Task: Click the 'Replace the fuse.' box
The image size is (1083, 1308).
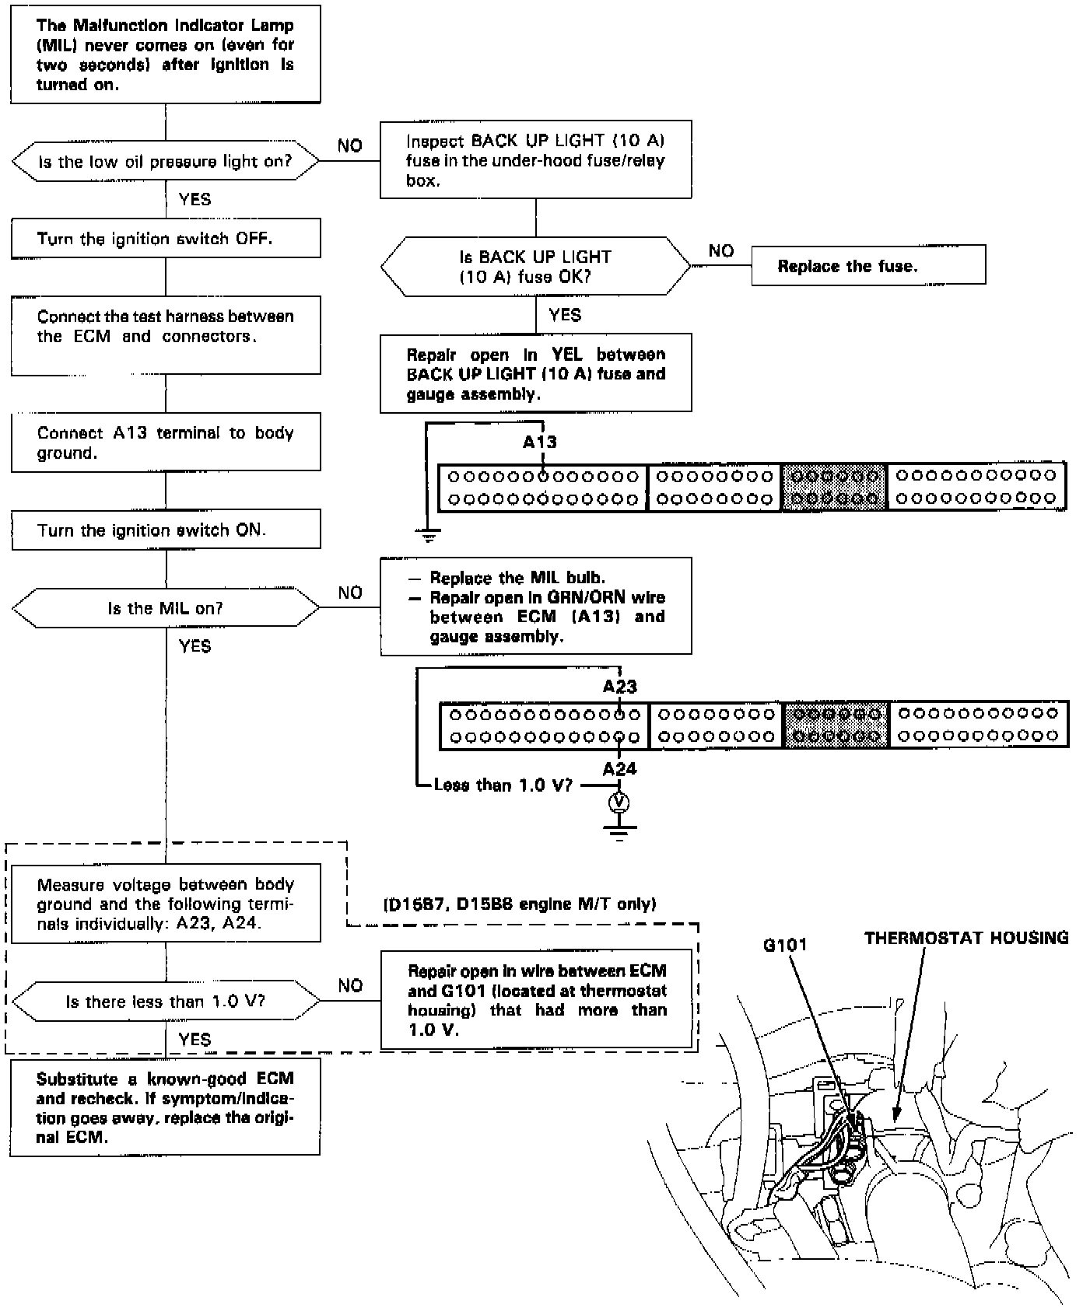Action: (x=867, y=265)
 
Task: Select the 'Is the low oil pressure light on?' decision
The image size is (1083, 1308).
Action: (x=165, y=162)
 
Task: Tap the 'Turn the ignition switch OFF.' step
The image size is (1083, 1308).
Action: (x=165, y=238)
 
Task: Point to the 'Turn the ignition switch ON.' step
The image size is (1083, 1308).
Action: (x=165, y=530)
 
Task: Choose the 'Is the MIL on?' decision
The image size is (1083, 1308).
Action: (x=165, y=607)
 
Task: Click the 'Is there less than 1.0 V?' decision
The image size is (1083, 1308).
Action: (x=165, y=1001)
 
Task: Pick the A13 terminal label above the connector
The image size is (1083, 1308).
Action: (x=540, y=442)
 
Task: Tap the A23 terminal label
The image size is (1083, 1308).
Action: (x=619, y=687)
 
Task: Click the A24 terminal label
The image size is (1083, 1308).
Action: (x=619, y=768)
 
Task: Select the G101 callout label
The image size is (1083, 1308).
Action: (x=785, y=945)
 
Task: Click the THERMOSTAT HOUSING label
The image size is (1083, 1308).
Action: (x=966, y=938)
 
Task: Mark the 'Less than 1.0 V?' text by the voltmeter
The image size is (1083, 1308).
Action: (x=503, y=785)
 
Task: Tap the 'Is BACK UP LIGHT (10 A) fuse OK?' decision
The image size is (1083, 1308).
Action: (x=535, y=266)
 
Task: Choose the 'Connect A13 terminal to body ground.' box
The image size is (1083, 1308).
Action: (x=165, y=442)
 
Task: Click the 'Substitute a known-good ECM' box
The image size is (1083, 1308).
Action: (x=165, y=1107)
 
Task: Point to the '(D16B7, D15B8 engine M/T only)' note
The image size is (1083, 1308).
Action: (x=520, y=904)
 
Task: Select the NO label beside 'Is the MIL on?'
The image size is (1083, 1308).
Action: (x=350, y=593)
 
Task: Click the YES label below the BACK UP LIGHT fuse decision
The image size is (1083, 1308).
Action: (x=564, y=314)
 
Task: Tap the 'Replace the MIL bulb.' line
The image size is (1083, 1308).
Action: (x=517, y=578)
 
